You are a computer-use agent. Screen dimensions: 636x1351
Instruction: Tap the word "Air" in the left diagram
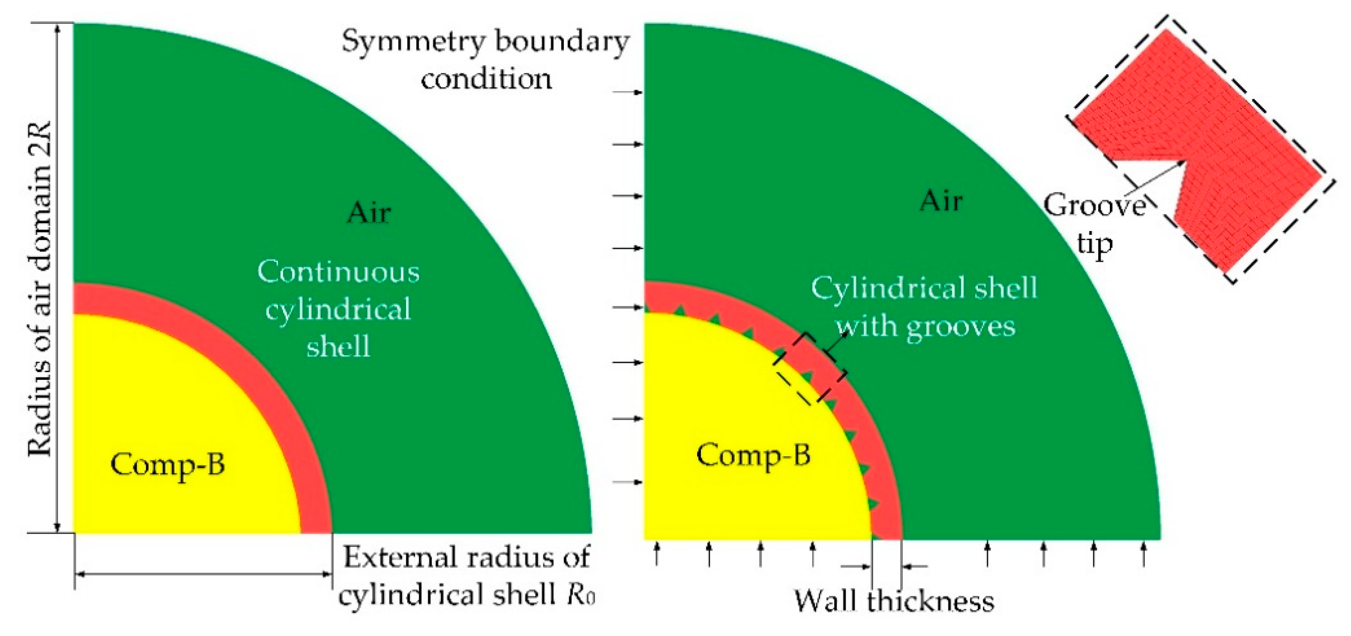point(369,213)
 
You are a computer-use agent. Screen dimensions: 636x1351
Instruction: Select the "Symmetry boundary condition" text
point(486,60)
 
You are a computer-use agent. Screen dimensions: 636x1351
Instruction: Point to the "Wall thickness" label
point(894,601)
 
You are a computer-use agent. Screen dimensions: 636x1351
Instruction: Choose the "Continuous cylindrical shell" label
point(338,309)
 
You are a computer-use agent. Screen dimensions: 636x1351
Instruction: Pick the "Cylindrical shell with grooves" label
point(924,307)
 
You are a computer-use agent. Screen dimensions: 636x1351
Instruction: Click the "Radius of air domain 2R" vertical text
point(41,289)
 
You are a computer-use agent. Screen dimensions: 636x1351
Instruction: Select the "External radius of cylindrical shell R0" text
point(467,576)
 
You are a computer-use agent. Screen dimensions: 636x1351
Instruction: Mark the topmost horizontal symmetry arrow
point(629,93)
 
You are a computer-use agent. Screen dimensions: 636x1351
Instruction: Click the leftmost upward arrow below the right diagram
point(657,554)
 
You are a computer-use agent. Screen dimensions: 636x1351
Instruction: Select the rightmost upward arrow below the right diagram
point(1144,554)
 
